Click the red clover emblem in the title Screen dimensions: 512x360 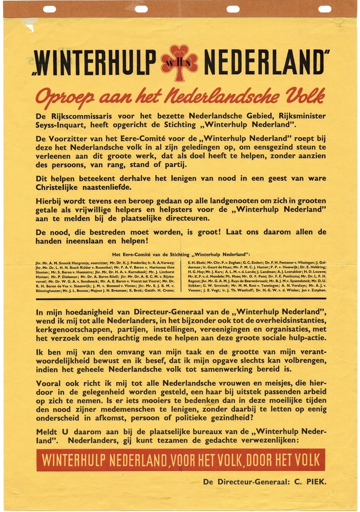179,62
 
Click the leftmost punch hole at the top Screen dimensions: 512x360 50,9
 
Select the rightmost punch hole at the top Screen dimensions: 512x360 325,9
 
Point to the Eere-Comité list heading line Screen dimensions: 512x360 180,254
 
